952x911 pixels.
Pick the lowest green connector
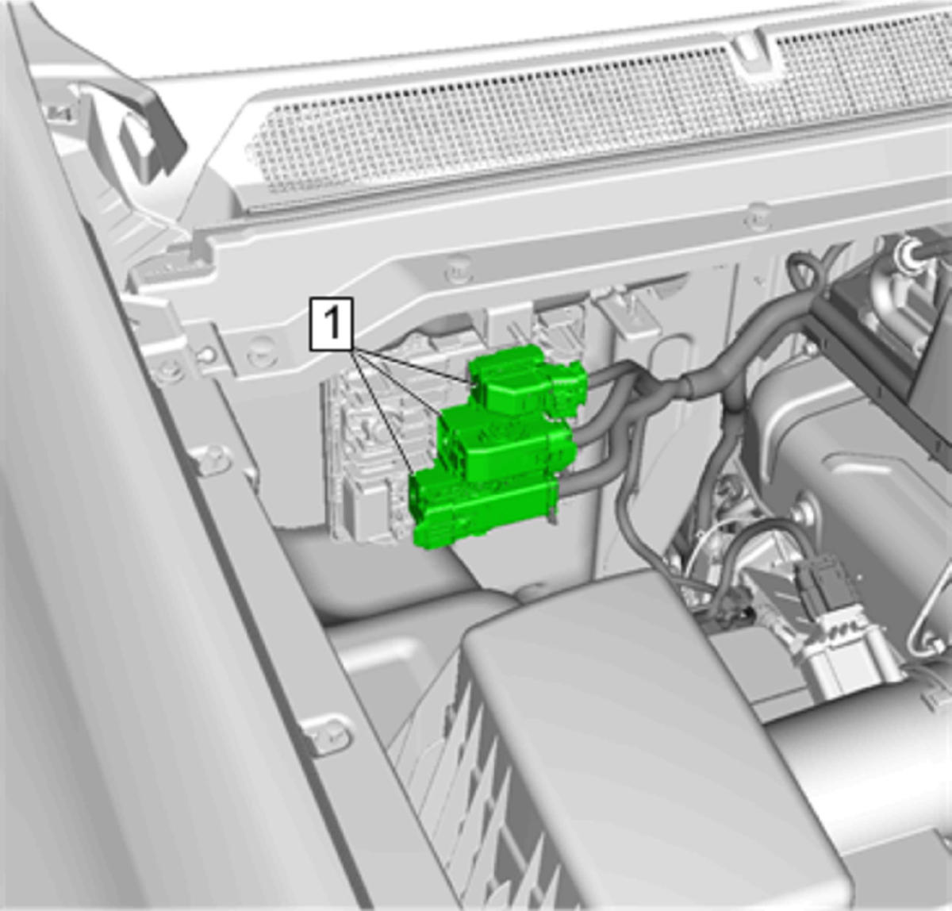tap(484, 509)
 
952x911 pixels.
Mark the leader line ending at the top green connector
tap(410, 366)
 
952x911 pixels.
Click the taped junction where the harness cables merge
tap(689, 382)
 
